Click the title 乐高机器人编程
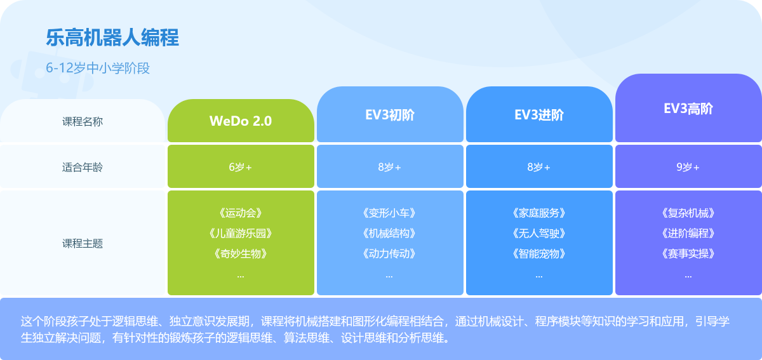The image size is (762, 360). click(112, 37)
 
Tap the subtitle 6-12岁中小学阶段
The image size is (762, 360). click(98, 68)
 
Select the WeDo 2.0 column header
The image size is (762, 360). click(241, 121)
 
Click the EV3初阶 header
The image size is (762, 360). click(390, 115)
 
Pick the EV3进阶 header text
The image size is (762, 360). click(539, 115)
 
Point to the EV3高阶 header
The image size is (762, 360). click(688, 109)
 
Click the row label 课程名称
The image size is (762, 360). click(83, 121)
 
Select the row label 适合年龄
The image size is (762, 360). click(83, 167)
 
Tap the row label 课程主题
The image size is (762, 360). click(83, 243)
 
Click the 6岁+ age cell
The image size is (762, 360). click(241, 167)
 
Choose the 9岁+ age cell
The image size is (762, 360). click(688, 167)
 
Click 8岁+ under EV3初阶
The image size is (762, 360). click(390, 167)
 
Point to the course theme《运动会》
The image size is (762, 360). click(241, 213)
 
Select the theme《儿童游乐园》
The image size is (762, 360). click(241, 234)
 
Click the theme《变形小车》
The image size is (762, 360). click(390, 213)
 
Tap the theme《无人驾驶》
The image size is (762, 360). click(539, 234)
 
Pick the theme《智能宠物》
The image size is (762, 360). click(539, 253)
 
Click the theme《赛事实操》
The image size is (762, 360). click(688, 253)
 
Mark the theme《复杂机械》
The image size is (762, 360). click(688, 213)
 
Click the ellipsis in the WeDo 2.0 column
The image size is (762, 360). click(241, 277)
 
